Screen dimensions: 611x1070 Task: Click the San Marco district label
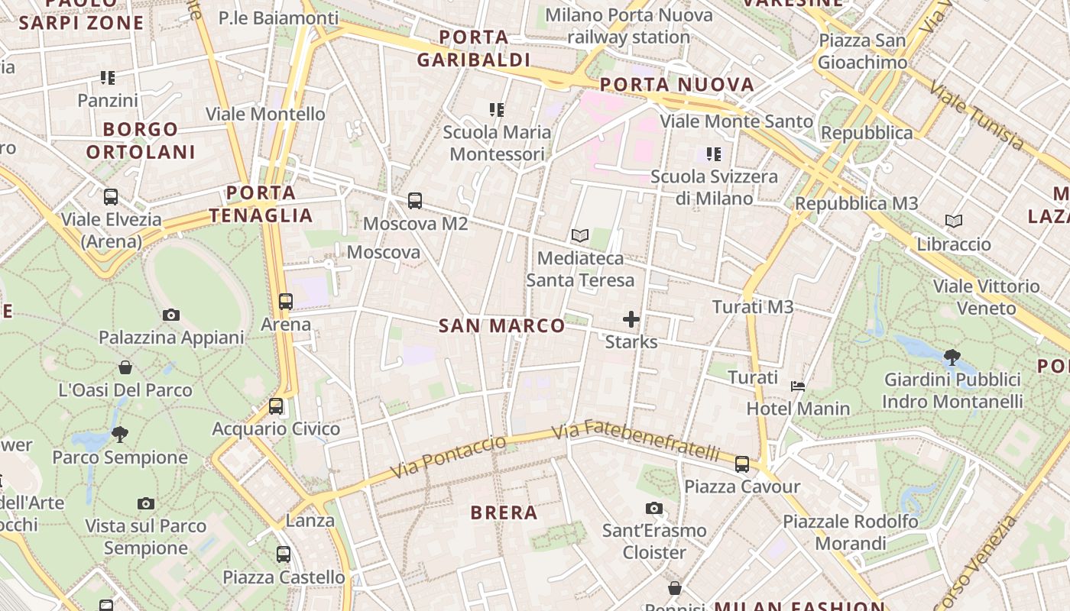pyautogui.click(x=502, y=326)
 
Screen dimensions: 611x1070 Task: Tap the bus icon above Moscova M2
pyautogui.click(x=415, y=201)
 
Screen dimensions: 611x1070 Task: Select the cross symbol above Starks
pyautogui.click(x=631, y=319)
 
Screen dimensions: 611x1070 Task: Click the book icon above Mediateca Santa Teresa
pyautogui.click(x=580, y=236)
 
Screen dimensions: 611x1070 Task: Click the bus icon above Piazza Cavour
pyautogui.click(x=742, y=464)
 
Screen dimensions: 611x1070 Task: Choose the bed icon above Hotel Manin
pyautogui.click(x=798, y=386)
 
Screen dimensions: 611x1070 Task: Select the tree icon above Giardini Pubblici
pyautogui.click(x=952, y=357)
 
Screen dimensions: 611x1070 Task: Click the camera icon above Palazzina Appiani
pyautogui.click(x=171, y=315)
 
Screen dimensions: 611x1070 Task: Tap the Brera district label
pyautogui.click(x=504, y=512)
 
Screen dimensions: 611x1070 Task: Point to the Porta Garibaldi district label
pyautogui.click(x=474, y=48)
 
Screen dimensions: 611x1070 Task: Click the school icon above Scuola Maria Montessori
pyautogui.click(x=497, y=110)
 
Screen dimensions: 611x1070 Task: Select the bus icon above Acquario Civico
pyautogui.click(x=276, y=406)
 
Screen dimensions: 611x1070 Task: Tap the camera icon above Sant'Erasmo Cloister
pyautogui.click(x=653, y=508)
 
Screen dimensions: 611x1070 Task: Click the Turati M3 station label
pyautogui.click(x=753, y=307)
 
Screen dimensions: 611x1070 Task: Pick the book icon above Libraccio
pyautogui.click(x=954, y=221)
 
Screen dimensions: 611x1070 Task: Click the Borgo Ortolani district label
pyautogui.click(x=141, y=141)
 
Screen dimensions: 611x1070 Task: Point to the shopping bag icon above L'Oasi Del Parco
pyautogui.click(x=125, y=368)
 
